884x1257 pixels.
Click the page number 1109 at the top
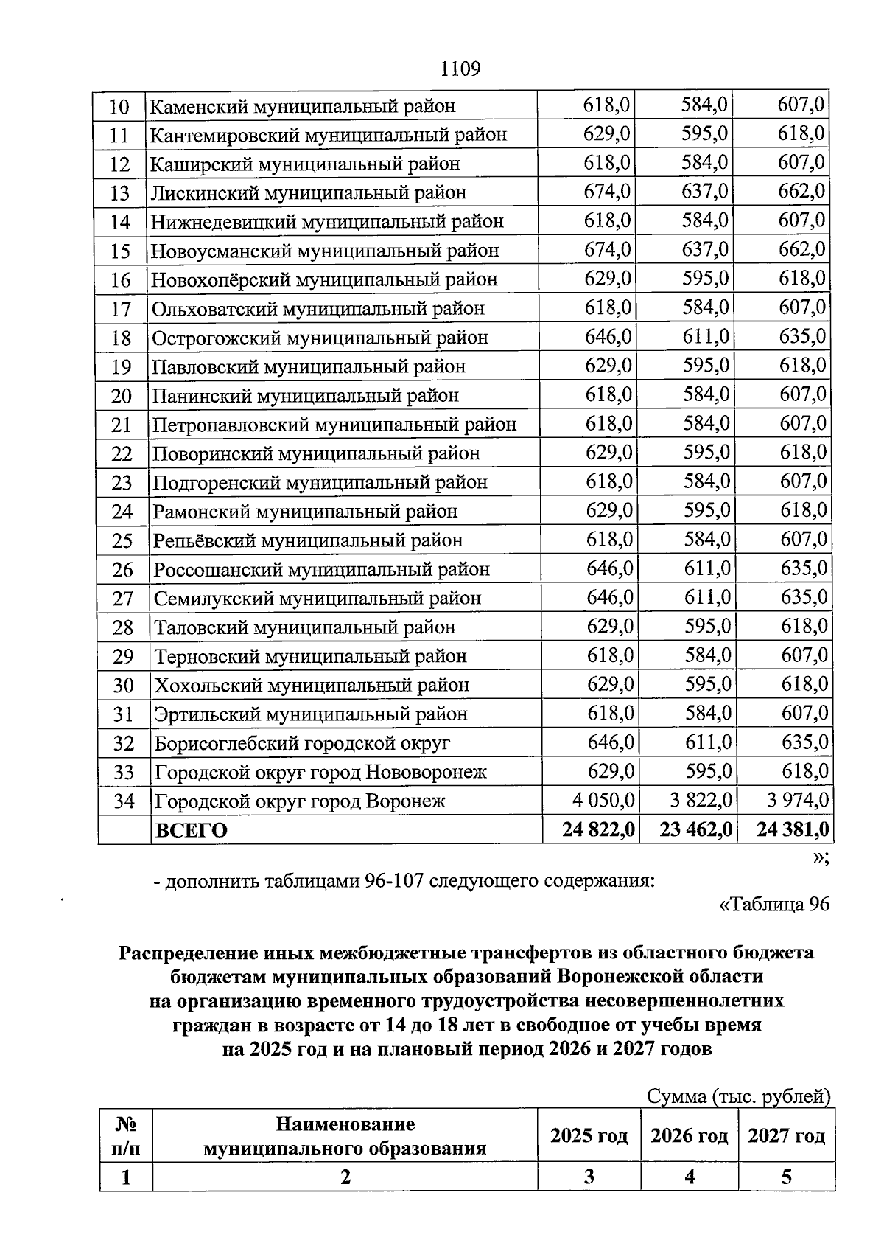click(x=460, y=69)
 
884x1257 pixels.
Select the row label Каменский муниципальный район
click(x=303, y=106)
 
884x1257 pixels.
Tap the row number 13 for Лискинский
click(x=119, y=193)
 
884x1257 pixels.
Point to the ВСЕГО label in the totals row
click(x=191, y=830)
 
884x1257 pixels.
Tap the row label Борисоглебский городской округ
click(x=302, y=743)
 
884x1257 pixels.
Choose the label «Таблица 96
click(x=773, y=905)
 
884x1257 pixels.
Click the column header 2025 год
click(x=589, y=1136)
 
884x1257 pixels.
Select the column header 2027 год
click(x=786, y=1136)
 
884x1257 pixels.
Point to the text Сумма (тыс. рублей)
click(x=738, y=1096)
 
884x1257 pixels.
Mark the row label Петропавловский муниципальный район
click(x=334, y=425)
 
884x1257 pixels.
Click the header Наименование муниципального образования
click(x=345, y=1136)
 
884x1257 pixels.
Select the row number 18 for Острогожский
click(x=121, y=338)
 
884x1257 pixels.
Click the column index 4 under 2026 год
click(x=690, y=1177)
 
